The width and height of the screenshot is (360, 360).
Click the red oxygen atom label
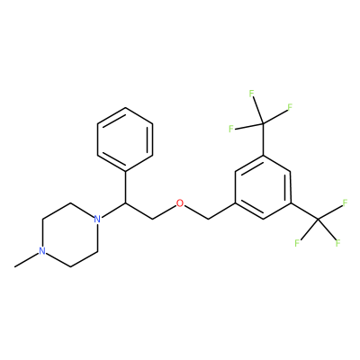[x=180, y=203]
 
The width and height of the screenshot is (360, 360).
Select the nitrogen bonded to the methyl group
[x=42, y=251]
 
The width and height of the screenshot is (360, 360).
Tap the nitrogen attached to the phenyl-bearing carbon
[x=97, y=219]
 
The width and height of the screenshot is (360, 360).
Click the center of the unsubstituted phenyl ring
[x=125, y=139]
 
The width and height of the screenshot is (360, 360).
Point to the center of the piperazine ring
[x=69, y=235]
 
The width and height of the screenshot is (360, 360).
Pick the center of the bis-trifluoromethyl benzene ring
[x=263, y=187]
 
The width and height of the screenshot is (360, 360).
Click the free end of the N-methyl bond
[x=15, y=266]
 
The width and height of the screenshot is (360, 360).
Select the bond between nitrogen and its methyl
[x=27, y=260]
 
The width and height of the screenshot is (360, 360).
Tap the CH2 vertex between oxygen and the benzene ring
[x=208, y=220]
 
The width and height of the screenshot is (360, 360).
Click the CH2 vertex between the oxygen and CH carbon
[x=152, y=220]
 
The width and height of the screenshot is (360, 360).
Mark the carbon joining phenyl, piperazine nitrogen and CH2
[x=125, y=203]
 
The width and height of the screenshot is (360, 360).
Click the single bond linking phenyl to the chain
[x=125, y=188]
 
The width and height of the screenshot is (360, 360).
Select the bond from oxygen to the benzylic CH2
[x=196, y=212]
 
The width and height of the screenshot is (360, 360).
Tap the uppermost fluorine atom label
[x=251, y=94]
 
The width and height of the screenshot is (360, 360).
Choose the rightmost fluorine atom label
[x=345, y=203]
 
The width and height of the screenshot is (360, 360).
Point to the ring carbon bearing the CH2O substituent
[x=235, y=203]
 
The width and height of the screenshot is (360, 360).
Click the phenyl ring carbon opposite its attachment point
[x=126, y=108]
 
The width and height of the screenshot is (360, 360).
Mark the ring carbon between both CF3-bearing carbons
[x=290, y=171]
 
